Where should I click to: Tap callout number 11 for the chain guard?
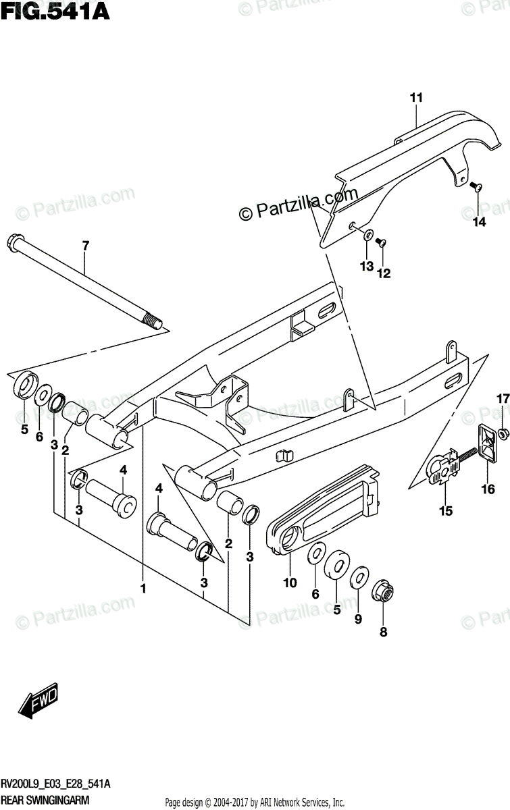[415, 98]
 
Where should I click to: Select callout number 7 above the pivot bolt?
[86, 246]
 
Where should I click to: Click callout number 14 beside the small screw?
[479, 223]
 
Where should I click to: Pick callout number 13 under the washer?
[366, 267]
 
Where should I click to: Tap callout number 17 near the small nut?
[503, 400]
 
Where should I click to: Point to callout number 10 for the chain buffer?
[290, 583]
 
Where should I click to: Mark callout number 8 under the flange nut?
[384, 632]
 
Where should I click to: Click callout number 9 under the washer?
[359, 619]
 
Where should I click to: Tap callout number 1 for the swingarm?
[143, 589]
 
